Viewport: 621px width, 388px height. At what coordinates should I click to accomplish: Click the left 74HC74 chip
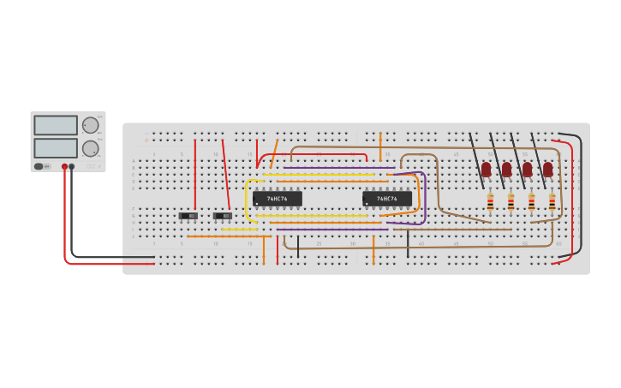point(277,199)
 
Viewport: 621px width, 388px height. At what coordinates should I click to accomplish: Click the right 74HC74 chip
point(386,199)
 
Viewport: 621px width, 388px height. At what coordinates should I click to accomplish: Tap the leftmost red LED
point(486,170)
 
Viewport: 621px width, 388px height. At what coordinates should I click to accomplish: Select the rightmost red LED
point(547,170)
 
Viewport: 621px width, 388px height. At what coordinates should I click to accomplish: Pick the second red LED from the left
point(506,170)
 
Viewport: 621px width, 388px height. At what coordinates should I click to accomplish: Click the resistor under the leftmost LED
point(490,201)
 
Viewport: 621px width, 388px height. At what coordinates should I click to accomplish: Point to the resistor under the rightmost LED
point(552,201)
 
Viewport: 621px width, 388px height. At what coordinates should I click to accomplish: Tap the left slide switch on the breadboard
point(188,216)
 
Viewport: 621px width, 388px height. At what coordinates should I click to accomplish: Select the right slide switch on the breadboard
point(223,216)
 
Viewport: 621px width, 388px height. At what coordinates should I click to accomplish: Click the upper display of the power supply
point(56,125)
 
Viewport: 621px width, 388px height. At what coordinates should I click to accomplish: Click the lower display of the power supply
point(56,147)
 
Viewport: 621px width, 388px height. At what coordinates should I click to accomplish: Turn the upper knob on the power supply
point(90,125)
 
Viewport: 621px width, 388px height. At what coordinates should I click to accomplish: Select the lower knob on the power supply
point(90,148)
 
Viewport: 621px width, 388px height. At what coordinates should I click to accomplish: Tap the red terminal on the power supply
point(64,167)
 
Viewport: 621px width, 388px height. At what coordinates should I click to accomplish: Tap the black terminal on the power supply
point(72,167)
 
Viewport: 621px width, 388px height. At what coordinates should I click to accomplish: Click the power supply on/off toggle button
point(39,166)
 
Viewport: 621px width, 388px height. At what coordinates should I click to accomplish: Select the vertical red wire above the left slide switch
point(195,176)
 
